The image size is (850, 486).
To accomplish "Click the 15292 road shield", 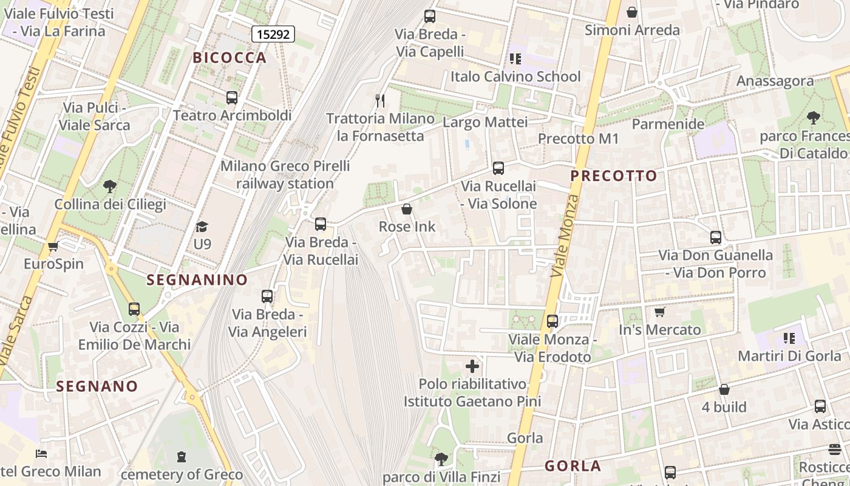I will (x=273, y=34).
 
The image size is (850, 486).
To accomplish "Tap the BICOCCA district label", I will (x=229, y=58).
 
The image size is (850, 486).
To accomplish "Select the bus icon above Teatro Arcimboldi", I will (x=231, y=97).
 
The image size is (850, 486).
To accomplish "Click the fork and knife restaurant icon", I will (x=380, y=100).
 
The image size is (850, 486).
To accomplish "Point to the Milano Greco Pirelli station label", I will (x=285, y=174).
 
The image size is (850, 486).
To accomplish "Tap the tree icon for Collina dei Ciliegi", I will (x=110, y=186).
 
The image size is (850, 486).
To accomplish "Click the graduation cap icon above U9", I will (x=202, y=227).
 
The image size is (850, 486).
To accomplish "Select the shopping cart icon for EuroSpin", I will (x=53, y=246).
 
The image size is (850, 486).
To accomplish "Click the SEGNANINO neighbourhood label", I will (x=197, y=280).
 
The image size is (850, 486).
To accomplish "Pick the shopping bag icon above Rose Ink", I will (x=407, y=209).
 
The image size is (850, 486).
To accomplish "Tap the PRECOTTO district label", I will (x=614, y=176).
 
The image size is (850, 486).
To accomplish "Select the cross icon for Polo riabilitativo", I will (x=472, y=366).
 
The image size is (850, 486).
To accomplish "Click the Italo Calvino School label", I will (x=515, y=77).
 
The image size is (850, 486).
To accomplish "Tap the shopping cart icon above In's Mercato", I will (x=659, y=312).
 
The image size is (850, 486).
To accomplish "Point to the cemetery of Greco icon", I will (x=181, y=456).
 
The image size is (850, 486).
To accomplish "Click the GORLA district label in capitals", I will (x=573, y=466).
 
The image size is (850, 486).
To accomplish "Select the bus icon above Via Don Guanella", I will (x=716, y=237).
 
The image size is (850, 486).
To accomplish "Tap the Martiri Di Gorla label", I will (x=789, y=355).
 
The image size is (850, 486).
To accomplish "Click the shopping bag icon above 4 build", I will (x=724, y=389).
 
